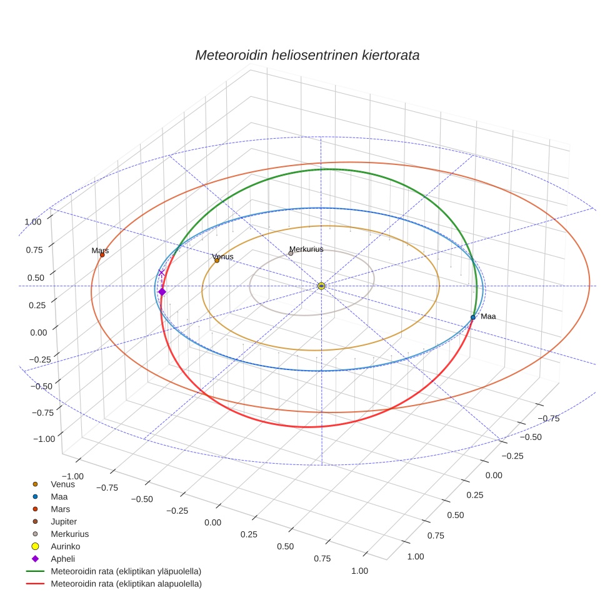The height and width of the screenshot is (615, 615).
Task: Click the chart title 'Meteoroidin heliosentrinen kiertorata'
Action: click(307, 55)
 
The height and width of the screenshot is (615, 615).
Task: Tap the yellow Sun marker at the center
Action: click(321, 286)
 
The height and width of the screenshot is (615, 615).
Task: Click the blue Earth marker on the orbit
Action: click(473, 317)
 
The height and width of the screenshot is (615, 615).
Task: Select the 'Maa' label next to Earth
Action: click(488, 316)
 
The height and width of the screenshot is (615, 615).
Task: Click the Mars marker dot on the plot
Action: click(102, 254)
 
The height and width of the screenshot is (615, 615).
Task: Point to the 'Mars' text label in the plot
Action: click(100, 251)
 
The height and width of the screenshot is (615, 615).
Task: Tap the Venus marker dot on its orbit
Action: click(217, 260)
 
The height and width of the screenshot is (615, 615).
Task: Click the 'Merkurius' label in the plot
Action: click(306, 249)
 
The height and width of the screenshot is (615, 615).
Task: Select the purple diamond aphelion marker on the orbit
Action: click(162, 292)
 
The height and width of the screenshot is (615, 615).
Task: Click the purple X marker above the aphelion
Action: click(161, 272)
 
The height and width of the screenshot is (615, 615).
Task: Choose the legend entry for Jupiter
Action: click(64, 521)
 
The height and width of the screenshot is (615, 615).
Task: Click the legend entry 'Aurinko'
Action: click(65, 546)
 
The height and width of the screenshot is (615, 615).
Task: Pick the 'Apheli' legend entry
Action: click(62, 559)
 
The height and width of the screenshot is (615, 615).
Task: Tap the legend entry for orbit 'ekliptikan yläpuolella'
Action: click(126, 571)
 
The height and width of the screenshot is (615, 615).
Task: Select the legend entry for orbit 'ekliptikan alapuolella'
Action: click(126, 584)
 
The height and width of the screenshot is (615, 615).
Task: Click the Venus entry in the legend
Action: click(62, 484)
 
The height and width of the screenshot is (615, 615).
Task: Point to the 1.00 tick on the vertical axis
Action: click(32, 221)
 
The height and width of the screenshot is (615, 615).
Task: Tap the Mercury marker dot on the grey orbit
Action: click(291, 253)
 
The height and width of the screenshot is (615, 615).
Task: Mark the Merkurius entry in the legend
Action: click(69, 534)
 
